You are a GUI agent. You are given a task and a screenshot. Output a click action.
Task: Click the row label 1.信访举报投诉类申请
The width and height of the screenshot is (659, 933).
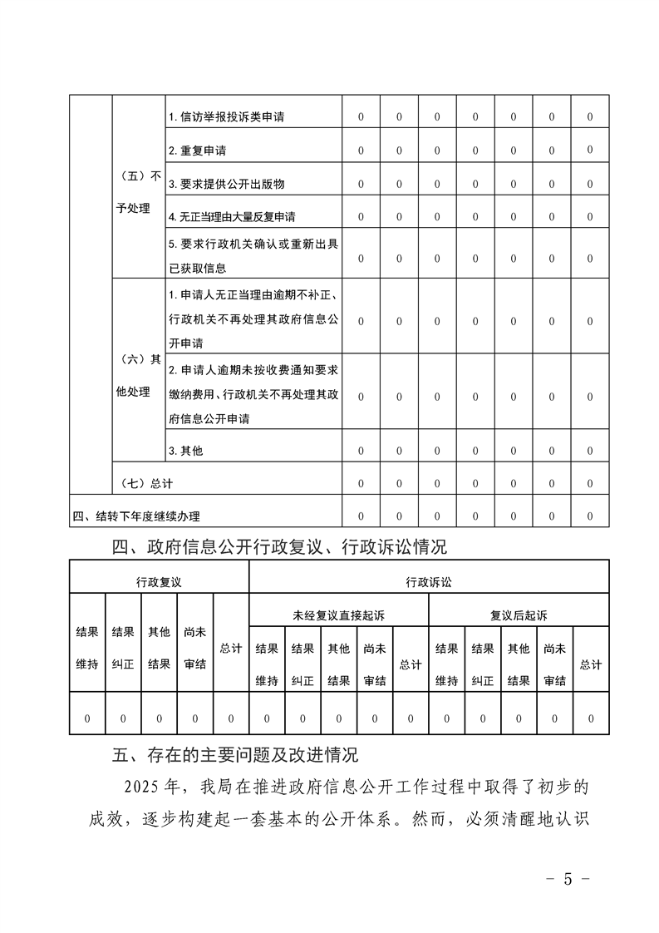point(226,117)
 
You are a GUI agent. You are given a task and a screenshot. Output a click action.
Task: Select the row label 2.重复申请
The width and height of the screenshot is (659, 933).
point(197,151)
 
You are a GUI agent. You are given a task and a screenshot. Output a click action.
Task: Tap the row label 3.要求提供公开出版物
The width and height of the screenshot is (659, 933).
point(226,184)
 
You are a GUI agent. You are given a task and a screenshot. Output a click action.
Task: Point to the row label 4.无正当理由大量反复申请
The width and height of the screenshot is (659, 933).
point(231,217)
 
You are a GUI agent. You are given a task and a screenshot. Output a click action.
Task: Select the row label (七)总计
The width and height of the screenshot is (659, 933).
point(146,483)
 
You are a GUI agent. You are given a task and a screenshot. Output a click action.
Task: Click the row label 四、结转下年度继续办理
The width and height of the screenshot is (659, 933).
point(136,516)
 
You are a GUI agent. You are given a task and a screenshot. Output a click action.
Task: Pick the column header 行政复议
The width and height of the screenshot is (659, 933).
point(159,581)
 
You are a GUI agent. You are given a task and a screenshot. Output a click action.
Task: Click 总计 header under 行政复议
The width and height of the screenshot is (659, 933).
point(230,648)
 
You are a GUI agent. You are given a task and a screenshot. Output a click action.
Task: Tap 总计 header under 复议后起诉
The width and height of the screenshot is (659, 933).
point(590,664)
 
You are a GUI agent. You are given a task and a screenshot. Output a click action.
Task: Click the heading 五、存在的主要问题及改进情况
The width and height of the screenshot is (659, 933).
point(235,756)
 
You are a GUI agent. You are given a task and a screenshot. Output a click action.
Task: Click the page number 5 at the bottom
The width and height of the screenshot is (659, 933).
point(568,878)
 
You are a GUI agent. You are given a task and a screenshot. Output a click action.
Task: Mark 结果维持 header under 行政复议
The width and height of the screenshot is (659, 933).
point(87,648)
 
